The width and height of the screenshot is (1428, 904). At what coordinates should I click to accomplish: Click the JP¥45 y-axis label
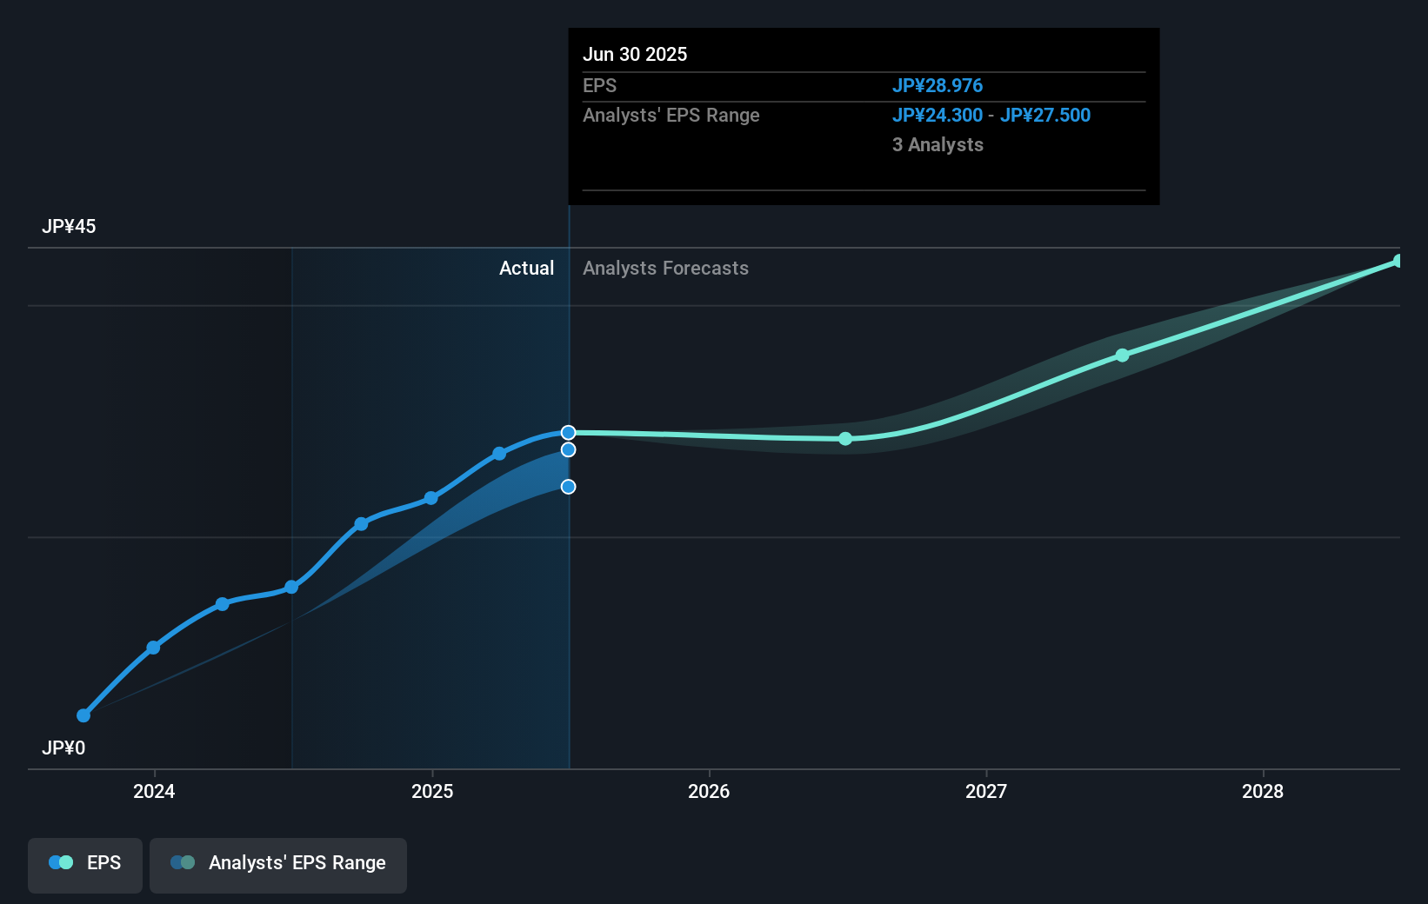click(x=69, y=227)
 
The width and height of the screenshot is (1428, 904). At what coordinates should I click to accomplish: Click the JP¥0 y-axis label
click(x=63, y=748)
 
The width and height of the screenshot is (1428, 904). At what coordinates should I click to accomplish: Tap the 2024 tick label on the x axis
click(x=154, y=792)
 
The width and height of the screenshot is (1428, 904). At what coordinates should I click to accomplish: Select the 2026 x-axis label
click(x=709, y=792)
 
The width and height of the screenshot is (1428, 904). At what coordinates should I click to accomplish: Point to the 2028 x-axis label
click(x=1263, y=792)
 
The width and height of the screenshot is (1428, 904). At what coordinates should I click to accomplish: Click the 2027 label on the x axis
click(x=986, y=792)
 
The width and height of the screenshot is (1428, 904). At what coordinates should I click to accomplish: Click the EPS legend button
click(x=85, y=864)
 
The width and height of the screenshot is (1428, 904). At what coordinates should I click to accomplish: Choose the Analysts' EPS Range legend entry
click(x=278, y=864)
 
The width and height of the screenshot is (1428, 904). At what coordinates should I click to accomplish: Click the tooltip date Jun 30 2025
click(x=635, y=55)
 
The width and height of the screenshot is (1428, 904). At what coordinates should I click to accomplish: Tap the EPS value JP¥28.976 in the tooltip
click(x=938, y=86)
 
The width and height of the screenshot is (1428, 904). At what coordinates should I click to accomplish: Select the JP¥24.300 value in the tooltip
click(x=938, y=116)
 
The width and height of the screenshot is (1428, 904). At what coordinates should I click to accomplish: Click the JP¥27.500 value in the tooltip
click(x=1045, y=116)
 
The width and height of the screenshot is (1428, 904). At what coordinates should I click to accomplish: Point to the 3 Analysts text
click(x=938, y=145)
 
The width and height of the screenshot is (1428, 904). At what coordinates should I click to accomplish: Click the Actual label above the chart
click(x=526, y=269)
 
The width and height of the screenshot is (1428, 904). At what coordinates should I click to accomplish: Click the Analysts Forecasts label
click(x=665, y=269)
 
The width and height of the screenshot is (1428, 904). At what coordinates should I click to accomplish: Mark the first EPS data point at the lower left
click(x=83, y=715)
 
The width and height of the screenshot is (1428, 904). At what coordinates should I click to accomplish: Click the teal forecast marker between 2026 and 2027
click(x=845, y=439)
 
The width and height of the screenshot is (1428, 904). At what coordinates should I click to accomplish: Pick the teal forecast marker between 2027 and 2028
click(x=1122, y=356)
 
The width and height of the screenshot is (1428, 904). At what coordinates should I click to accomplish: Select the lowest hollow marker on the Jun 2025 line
click(x=568, y=487)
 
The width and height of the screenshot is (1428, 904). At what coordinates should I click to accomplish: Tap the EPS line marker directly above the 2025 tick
click(x=430, y=498)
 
